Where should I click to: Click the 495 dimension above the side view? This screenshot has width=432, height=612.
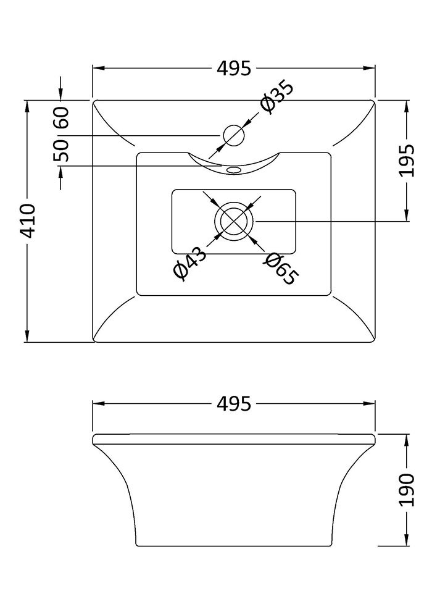234,405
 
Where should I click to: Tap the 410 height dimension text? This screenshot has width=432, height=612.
28,220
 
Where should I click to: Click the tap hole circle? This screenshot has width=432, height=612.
234,135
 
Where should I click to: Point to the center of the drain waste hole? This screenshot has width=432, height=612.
234,220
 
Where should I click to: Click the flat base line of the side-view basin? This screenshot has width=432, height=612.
234,546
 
